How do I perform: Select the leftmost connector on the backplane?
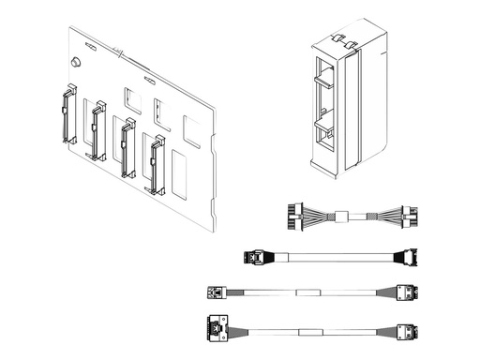(67, 115)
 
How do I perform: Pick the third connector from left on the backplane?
(127, 145)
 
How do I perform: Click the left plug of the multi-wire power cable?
(290, 216)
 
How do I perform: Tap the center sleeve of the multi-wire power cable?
(344, 217)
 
